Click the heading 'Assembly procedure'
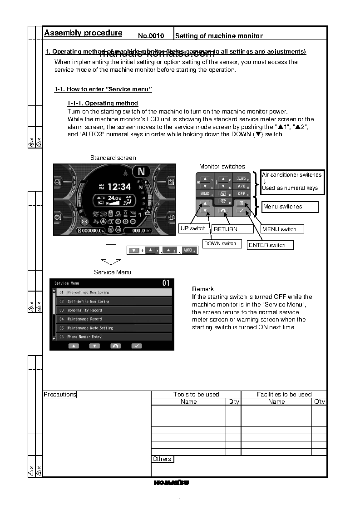point(83,33)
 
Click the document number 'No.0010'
point(151,36)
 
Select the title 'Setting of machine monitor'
point(219,36)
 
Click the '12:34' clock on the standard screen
point(118,187)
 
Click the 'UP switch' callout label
point(193,228)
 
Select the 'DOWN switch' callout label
point(220,243)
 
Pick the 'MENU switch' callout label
point(279,229)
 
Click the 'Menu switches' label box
point(290,207)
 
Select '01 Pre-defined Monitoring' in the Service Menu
point(113,292)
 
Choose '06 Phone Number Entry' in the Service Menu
point(113,337)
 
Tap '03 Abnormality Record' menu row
point(113,310)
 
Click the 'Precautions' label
point(60,395)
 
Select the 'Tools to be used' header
point(196,395)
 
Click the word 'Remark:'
point(204,289)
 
